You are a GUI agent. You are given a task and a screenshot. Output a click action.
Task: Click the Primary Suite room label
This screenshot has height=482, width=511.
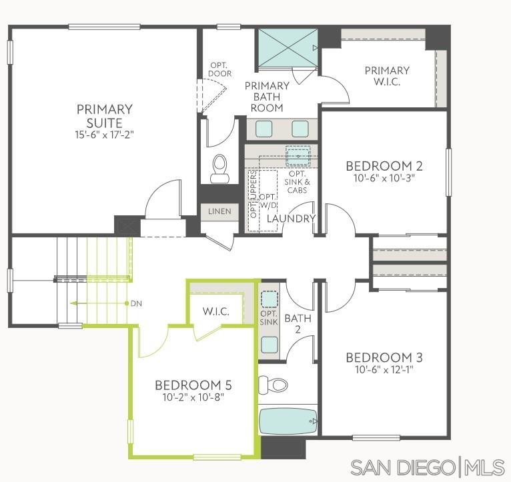(x=104, y=115)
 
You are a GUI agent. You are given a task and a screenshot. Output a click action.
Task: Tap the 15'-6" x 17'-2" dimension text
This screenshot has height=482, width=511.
(x=104, y=134)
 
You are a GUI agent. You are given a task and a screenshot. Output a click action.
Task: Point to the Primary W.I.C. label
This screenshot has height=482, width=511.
(x=387, y=76)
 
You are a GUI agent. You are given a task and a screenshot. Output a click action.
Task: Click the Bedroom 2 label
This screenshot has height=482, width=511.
(x=384, y=166)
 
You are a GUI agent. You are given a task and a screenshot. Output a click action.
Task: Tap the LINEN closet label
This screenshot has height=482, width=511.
(x=219, y=211)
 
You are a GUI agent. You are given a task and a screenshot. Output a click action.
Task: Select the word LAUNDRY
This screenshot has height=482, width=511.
(x=291, y=219)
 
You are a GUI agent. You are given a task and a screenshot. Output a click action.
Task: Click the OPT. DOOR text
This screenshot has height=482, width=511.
(x=219, y=69)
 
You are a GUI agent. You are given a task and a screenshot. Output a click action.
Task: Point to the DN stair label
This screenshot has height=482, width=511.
(x=136, y=303)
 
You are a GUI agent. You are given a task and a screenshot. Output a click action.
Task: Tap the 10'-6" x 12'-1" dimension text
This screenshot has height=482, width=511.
(x=384, y=369)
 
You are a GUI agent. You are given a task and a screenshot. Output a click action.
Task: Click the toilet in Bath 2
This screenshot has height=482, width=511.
(x=273, y=384)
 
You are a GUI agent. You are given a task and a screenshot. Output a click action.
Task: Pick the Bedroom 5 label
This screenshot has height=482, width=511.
(x=193, y=385)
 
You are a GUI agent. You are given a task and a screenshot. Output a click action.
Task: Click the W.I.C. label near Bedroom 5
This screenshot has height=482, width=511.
(x=216, y=311)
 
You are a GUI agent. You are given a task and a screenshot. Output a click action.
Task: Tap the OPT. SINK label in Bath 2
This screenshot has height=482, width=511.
(x=269, y=318)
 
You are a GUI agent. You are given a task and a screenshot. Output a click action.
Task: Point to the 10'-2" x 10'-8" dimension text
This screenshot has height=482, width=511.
(x=193, y=397)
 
